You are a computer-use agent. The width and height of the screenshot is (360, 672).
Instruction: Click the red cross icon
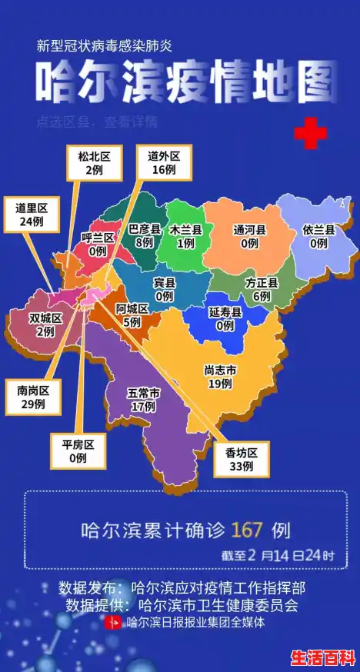coord(311,134)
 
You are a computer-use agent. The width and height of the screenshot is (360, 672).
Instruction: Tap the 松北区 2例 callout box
coord(94,162)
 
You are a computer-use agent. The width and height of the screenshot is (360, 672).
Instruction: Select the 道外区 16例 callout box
coord(164,162)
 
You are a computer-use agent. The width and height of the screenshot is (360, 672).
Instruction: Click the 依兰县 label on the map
coord(318,236)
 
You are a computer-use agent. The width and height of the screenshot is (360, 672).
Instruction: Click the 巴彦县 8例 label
coord(144,235)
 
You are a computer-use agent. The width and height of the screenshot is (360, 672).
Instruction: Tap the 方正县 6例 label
coord(262,289)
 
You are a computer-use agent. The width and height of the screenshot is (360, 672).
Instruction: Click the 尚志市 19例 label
coord(220,376)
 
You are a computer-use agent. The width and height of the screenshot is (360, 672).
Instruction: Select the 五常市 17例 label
coord(144,400)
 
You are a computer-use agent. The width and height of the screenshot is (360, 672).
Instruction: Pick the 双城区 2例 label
coord(45,325)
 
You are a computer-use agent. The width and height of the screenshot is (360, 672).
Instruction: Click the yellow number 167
coord(247,530)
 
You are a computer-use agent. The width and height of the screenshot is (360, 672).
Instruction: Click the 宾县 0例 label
coord(164,289)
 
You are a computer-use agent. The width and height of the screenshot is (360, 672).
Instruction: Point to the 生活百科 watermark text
coord(322,658)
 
